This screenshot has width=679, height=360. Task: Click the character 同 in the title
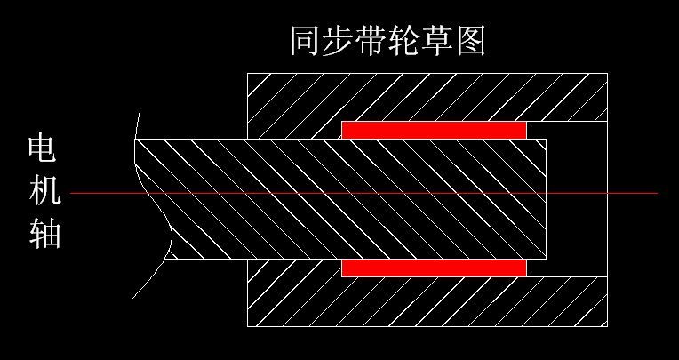tap(304, 41)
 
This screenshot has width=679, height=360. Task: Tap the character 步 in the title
tap(341, 41)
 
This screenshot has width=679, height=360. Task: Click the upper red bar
tap(434, 130)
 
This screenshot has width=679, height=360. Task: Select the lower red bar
tap(434, 268)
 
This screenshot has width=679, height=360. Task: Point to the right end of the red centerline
tap(656, 193)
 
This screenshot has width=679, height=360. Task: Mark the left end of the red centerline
tap(72, 193)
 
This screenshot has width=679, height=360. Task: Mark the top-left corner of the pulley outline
tap(247, 73)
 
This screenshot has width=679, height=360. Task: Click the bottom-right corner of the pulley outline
tap(608, 326)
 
